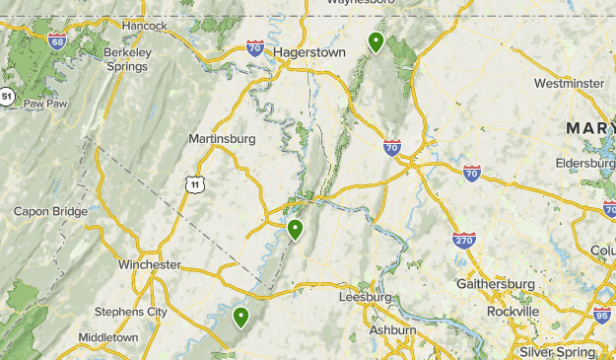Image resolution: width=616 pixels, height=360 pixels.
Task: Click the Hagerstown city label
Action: pyautogui.click(x=308, y=48)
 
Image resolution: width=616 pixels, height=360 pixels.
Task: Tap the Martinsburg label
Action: pyautogui.click(x=222, y=138)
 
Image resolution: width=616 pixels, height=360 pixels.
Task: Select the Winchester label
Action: pyautogui.click(x=149, y=264)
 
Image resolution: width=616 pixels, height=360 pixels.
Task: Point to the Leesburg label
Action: pyautogui.click(x=365, y=296)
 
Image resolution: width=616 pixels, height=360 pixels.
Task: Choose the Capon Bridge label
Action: pyautogui.click(x=50, y=211)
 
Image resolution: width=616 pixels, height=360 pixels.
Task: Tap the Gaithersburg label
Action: pyautogui.click(x=496, y=284)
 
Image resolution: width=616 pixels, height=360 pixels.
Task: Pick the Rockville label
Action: pyautogui.click(x=513, y=311)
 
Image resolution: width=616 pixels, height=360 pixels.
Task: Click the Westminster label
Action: pyautogui.click(x=569, y=83)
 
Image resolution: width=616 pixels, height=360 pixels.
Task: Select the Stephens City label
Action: pyautogui.click(x=130, y=312)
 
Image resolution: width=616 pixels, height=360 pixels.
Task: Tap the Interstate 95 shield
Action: pyautogui.click(x=602, y=315)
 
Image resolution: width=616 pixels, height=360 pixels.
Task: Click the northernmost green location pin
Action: pyautogui.click(x=376, y=41)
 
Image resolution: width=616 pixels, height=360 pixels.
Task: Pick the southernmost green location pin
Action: pyautogui.click(x=241, y=317)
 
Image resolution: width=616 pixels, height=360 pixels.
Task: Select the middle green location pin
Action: pyautogui.click(x=294, y=230)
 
